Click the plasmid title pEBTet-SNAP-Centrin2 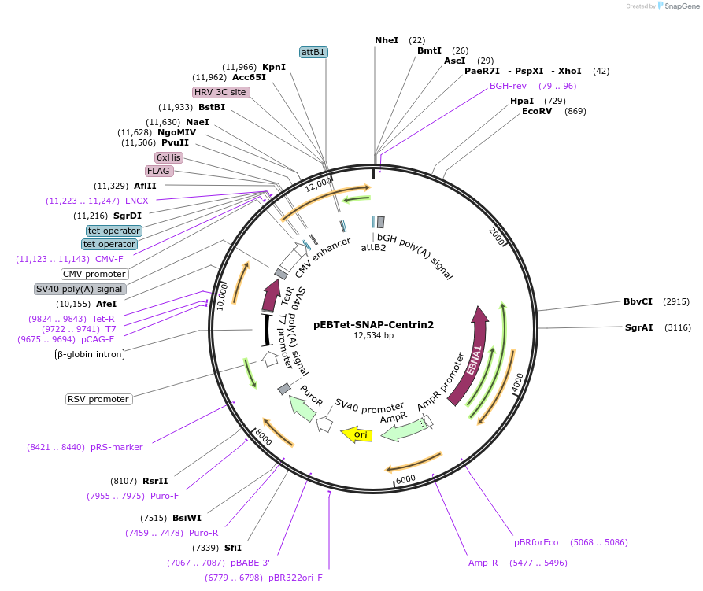[x=373, y=323]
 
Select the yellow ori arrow [x=357, y=434]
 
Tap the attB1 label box [x=313, y=52]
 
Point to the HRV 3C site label [x=220, y=92]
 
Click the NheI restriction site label [x=387, y=39]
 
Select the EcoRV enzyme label [x=537, y=111]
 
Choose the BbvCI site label [x=638, y=301]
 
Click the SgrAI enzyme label [x=638, y=327]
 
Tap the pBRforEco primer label [x=536, y=542]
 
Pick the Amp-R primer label [x=483, y=563]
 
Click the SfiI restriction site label [x=233, y=548]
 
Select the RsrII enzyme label [x=155, y=481]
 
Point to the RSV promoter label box [x=98, y=399]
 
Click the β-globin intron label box [x=89, y=354]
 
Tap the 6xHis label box [x=168, y=157]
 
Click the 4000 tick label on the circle [x=516, y=381]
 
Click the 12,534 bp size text [x=373, y=336]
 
